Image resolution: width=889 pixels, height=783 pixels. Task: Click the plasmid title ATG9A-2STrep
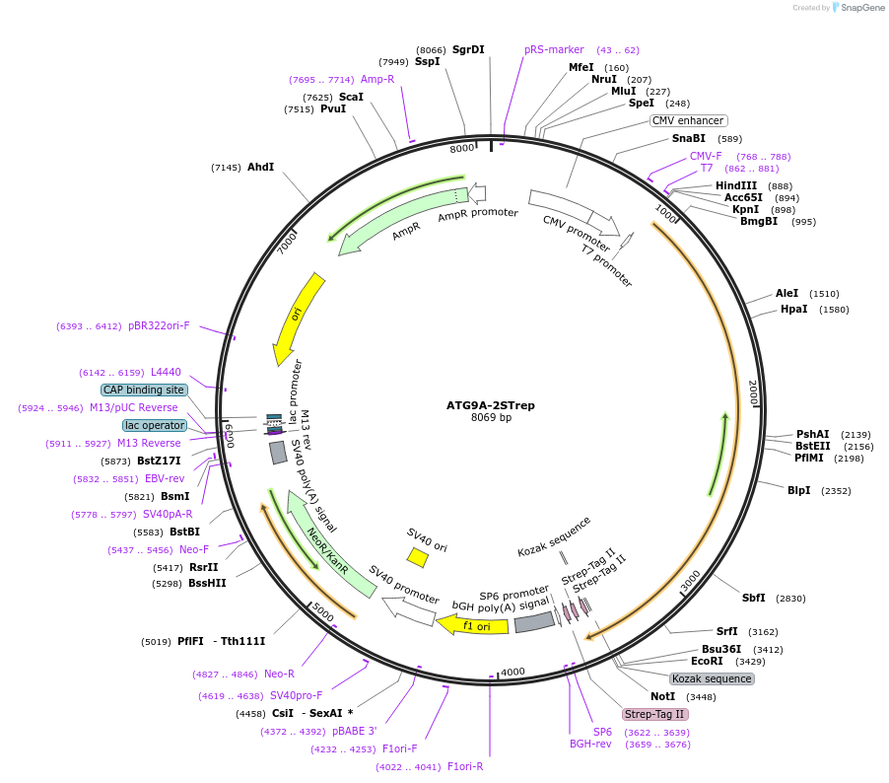pyautogui.click(x=490, y=404)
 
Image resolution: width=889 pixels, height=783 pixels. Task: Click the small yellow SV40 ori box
pyautogui.click(x=418, y=557)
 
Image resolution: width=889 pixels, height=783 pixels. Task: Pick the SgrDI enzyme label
pyautogui.click(x=467, y=49)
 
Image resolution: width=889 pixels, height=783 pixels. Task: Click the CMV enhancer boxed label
pyautogui.click(x=689, y=120)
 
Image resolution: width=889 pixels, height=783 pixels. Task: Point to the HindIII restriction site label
pyautogui.click(x=736, y=185)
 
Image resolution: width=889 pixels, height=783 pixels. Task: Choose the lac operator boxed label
pyautogui.click(x=155, y=425)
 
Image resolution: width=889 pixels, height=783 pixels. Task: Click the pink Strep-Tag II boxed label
pyautogui.click(x=654, y=714)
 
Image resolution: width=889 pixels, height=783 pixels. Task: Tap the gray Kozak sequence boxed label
pyautogui.click(x=712, y=678)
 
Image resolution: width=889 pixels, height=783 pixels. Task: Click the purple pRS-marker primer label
pyautogui.click(x=554, y=49)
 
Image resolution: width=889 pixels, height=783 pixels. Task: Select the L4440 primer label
pyautogui.click(x=166, y=372)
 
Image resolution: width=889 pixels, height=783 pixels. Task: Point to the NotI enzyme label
pyautogui.click(x=662, y=696)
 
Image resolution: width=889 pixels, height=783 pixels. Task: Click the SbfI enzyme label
pyautogui.click(x=753, y=598)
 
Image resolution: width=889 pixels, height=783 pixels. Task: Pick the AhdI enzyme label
pyautogui.click(x=260, y=167)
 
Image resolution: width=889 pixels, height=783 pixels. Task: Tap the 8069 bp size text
pyautogui.click(x=491, y=417)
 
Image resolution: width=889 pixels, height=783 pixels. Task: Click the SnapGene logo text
pyautogui.click(x=861, y=8)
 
